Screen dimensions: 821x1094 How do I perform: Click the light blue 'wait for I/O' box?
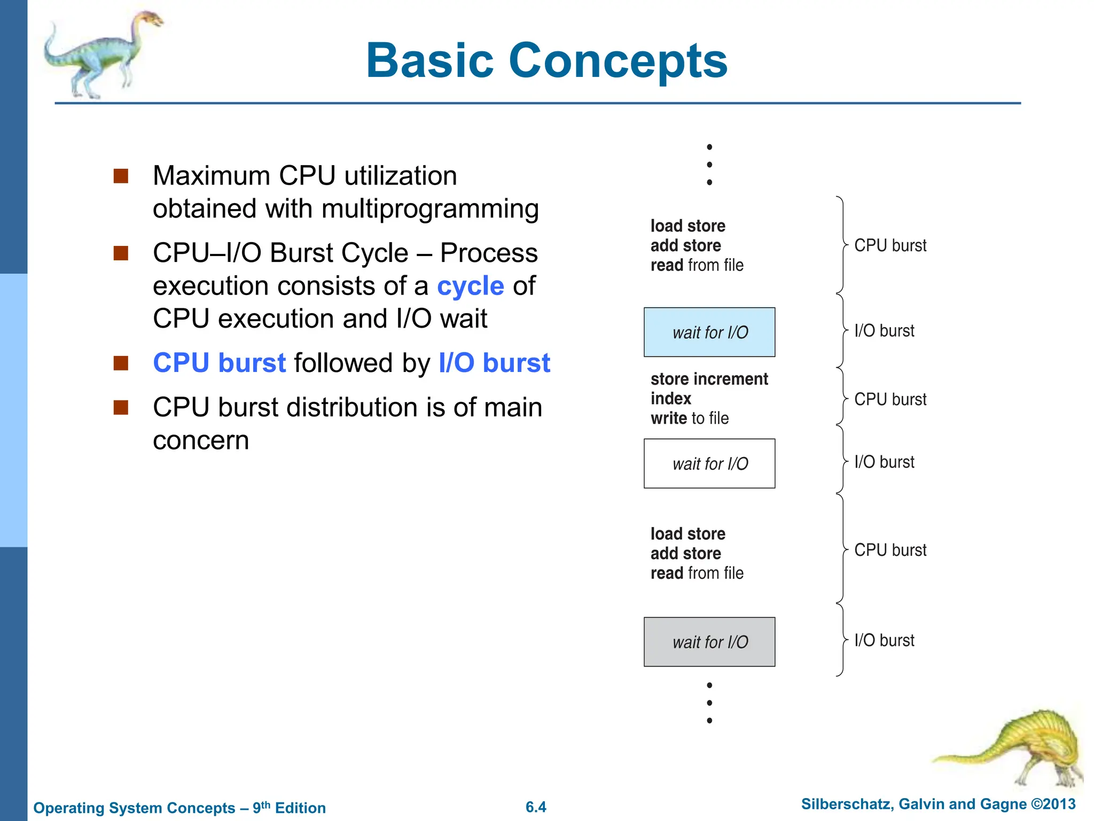point(709,332)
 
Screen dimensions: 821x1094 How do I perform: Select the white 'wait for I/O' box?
point(709,463)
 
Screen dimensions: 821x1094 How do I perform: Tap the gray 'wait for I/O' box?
point(709,642)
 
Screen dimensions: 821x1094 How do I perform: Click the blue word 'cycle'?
point(470,286)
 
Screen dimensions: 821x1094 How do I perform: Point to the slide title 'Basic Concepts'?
point(546,60)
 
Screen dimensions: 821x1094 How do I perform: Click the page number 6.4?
point(536,807)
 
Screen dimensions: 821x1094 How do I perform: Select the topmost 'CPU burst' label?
point(890,245)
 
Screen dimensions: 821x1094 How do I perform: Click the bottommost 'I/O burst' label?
point(884,640)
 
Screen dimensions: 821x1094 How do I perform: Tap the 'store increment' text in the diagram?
point(709,379)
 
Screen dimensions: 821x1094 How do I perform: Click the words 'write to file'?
point(689,418)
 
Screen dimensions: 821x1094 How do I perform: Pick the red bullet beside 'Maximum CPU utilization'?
point(121,176)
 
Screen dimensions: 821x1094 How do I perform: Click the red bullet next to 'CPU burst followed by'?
point(121,363)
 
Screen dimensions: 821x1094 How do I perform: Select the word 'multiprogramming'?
point(430,208)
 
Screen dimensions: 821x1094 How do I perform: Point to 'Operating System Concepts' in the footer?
point(134,808)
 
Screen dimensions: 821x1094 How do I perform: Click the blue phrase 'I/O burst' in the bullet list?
point(494,363)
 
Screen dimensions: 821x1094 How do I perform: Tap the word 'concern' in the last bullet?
point(201,440)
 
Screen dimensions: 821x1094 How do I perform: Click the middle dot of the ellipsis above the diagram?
point(709,165)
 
